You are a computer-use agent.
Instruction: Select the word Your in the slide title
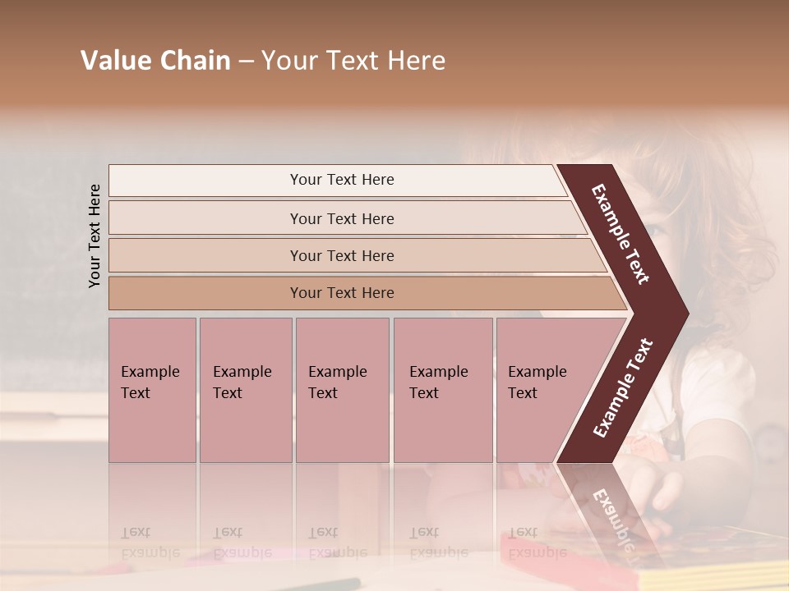[x=288, y=61]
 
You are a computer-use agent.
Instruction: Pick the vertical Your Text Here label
[x=95, y=236]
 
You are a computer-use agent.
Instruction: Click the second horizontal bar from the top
[x=341, y=218]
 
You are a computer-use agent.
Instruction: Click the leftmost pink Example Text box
[x=152, y=390]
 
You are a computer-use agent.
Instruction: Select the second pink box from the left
[x=245, y=390]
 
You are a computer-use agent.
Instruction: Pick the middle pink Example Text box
[x=342, y=390]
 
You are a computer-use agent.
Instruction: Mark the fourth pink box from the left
[x=443, y=390]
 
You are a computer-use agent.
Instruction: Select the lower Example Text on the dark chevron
[x=623, y=388]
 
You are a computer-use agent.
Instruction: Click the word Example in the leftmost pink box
[x=150, y=372]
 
